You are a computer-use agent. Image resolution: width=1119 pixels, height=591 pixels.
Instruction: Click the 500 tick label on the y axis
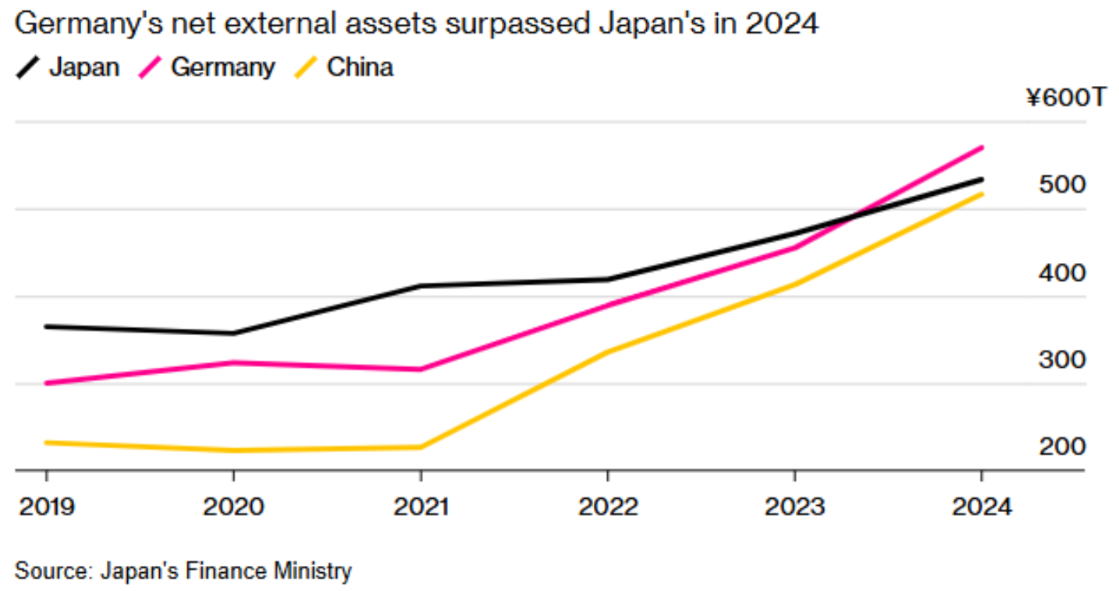[x=1062, y=185]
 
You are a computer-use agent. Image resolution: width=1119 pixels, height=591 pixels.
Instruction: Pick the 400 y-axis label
[x=1062, y=273]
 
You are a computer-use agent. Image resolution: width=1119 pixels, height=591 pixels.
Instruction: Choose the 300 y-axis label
[x=1062, y=360]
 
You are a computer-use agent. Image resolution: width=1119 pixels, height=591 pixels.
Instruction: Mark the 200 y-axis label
[x=1062, y=447]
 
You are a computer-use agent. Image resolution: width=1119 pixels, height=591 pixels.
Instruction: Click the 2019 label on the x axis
[x=46, y=507]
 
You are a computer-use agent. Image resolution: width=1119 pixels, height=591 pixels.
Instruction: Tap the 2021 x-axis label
[x=421, y=507]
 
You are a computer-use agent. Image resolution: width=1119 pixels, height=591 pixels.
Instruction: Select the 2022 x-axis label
[x=608, y=507]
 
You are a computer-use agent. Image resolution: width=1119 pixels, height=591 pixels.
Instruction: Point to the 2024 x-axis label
[x=981, y=507]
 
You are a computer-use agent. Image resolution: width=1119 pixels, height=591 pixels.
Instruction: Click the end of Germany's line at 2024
[x=982, y=148]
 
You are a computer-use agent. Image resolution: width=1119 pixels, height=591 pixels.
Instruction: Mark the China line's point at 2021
[x=421, y=447]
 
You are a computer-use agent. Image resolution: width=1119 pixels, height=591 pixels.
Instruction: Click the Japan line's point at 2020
[x=233, y=333]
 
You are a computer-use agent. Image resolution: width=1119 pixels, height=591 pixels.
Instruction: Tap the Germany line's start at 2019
[x=46, y=383]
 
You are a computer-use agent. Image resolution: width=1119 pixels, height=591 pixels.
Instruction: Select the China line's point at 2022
[x=608, y=352]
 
